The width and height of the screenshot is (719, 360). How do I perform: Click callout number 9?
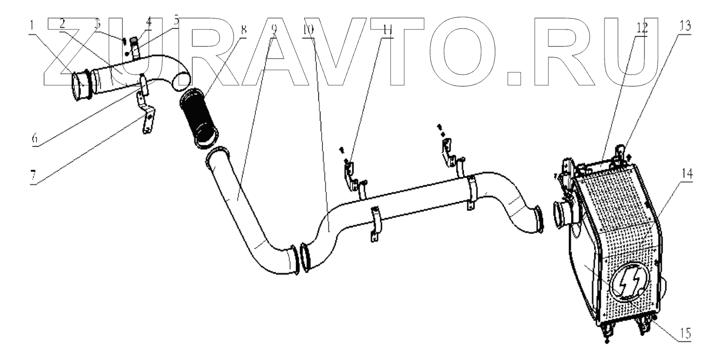pyautogui.click(x=274, y=27)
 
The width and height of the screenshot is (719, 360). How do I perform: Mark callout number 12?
pyautogui.click(x=642, y=27)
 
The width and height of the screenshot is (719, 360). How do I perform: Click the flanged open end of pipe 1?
pyautogui.click(x=80, y=86)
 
